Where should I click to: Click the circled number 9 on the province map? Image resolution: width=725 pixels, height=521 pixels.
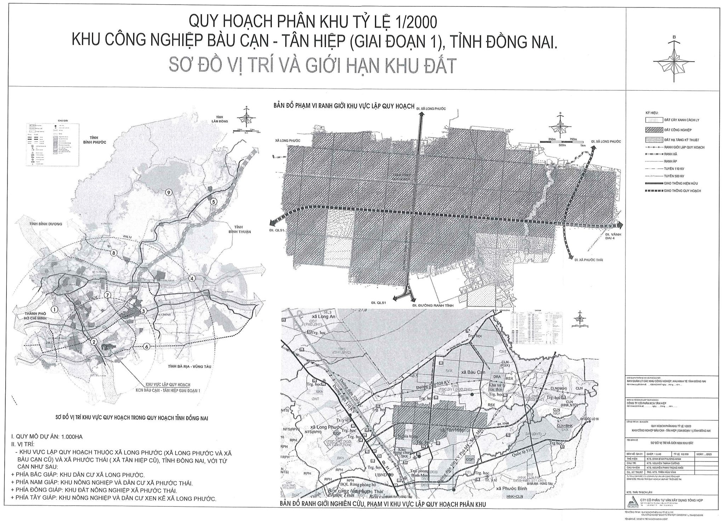(169, 192)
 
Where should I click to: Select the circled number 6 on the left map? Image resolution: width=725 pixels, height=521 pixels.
(147, 347)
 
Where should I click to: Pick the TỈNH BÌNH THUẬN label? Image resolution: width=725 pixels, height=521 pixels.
(242, 229)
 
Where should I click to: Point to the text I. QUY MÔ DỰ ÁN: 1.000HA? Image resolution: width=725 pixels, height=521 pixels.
(47, 437)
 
